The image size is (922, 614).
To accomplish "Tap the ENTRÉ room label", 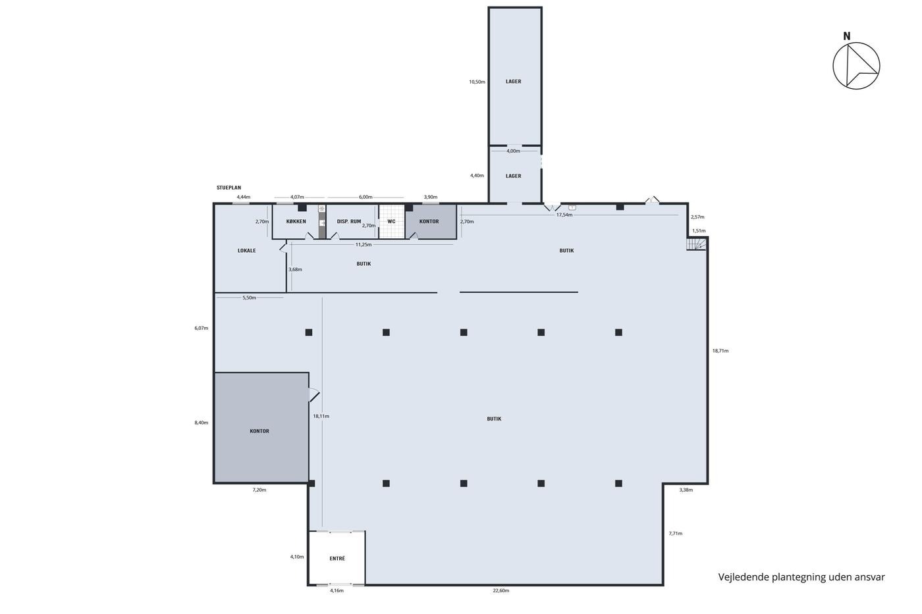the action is (337, 558).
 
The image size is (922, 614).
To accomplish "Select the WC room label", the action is (391, 221).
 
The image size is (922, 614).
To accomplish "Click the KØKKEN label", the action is (296, 221).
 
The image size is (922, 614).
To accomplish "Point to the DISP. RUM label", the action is (348, 221).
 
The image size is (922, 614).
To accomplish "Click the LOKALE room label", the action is (246, 251).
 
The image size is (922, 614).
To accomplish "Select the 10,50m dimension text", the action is (477, 82).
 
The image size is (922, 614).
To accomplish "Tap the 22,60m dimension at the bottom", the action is (501, 590).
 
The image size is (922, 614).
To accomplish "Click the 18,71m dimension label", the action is (720, 351).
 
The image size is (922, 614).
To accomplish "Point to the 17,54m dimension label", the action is (564, 215).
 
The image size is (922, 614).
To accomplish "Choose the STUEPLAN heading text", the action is (229, 188).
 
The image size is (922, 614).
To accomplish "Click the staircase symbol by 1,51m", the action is (697, 244).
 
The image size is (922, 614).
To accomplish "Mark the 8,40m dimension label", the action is (202, 422).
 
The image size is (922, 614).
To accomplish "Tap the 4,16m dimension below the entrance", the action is (337, 590).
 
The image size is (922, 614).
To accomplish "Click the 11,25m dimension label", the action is (364, 244).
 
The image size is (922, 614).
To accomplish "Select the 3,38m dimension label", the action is (686, 490).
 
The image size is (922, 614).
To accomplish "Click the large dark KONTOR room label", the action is (259, 431).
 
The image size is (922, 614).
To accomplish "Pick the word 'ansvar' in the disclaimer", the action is (870, 577).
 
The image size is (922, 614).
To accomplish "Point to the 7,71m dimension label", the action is (676, 534).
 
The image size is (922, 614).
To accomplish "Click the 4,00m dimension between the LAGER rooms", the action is (513, 151).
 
